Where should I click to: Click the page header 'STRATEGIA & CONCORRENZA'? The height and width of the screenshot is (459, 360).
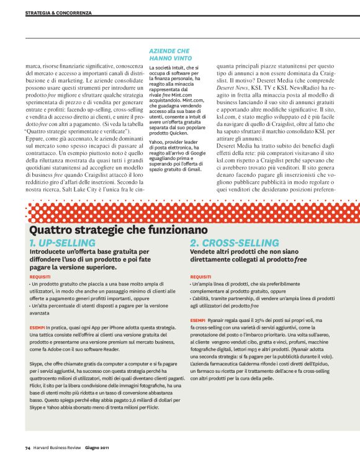click(x=58, y=12)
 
